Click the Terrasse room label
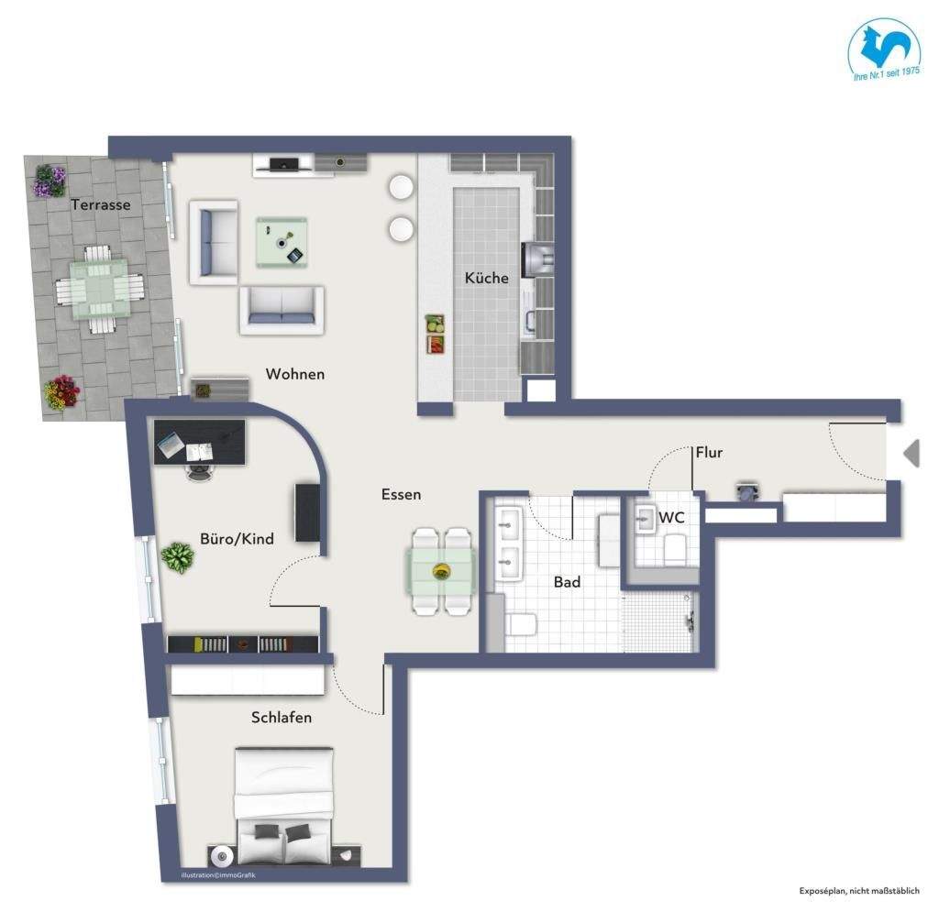tap(101, 204)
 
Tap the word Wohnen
tap(295, 374)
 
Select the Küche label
tap(486, 278)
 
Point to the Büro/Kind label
tap(238, 539)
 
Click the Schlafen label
tap(282, 717)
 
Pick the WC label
tap(671, 517)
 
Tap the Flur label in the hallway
tap(709, 453)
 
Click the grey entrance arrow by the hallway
tap(911, 453)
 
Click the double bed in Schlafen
tap(284, 806)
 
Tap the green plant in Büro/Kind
tap(177, 558)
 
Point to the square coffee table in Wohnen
tap(282, 242)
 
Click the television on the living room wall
tap(284, 164)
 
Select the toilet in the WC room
tap(675, 549)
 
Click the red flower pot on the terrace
tap(61, 392)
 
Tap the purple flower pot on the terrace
tap(50, 181)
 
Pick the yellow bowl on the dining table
tap(442, 572)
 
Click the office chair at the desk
tap(199, 471)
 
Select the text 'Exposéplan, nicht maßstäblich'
tap(859, 891)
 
